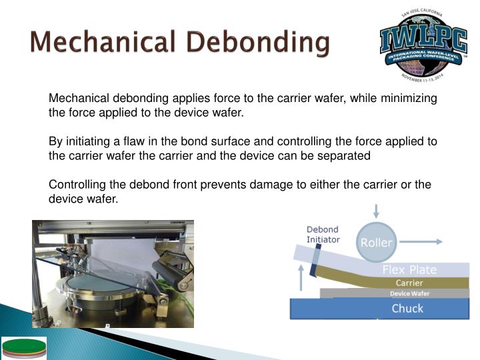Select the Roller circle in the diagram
click(x=377, y=243)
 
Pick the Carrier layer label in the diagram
click(x=410, y=283)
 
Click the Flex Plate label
click(x=409, y=270)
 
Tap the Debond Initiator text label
click(x=323, y=234)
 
